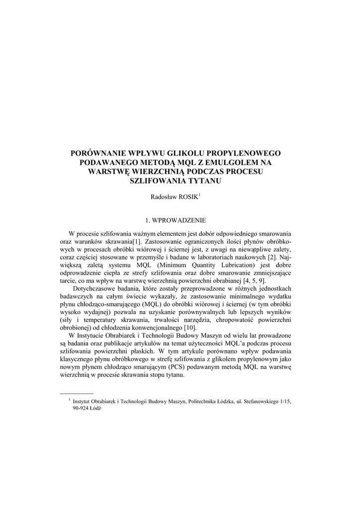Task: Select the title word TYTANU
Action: pyautogui.click(x=203, y=181)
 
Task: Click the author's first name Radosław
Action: pyautogui.click(x=164, y=197)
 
